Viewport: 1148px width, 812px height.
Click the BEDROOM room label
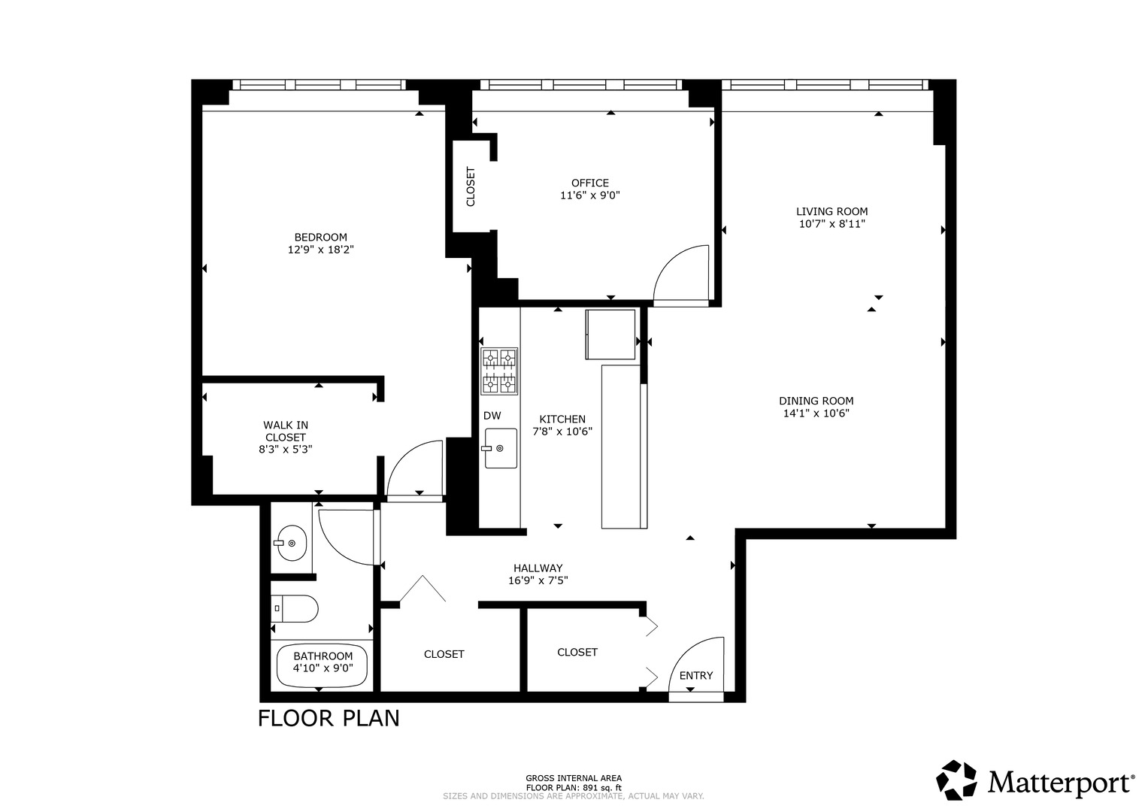320,238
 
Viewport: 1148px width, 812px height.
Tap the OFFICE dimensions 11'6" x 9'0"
589,195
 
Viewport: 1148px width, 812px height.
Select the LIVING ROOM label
831,211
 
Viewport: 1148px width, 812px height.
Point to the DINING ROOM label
816,401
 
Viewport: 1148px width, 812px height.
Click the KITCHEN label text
562,420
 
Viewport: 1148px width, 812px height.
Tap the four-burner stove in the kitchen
499,371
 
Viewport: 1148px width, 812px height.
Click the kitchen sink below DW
499,448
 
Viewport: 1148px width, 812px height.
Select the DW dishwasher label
492,416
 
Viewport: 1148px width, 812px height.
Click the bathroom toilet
295,608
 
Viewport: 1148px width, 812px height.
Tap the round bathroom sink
290,541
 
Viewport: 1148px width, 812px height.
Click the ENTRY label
695,675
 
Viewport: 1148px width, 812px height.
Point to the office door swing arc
680,275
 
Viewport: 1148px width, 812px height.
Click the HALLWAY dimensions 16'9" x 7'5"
538,580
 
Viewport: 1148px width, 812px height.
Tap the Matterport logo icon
956,780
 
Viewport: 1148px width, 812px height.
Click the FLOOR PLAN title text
329,718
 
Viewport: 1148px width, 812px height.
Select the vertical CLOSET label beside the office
471,186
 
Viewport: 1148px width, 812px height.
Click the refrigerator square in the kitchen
610,335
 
